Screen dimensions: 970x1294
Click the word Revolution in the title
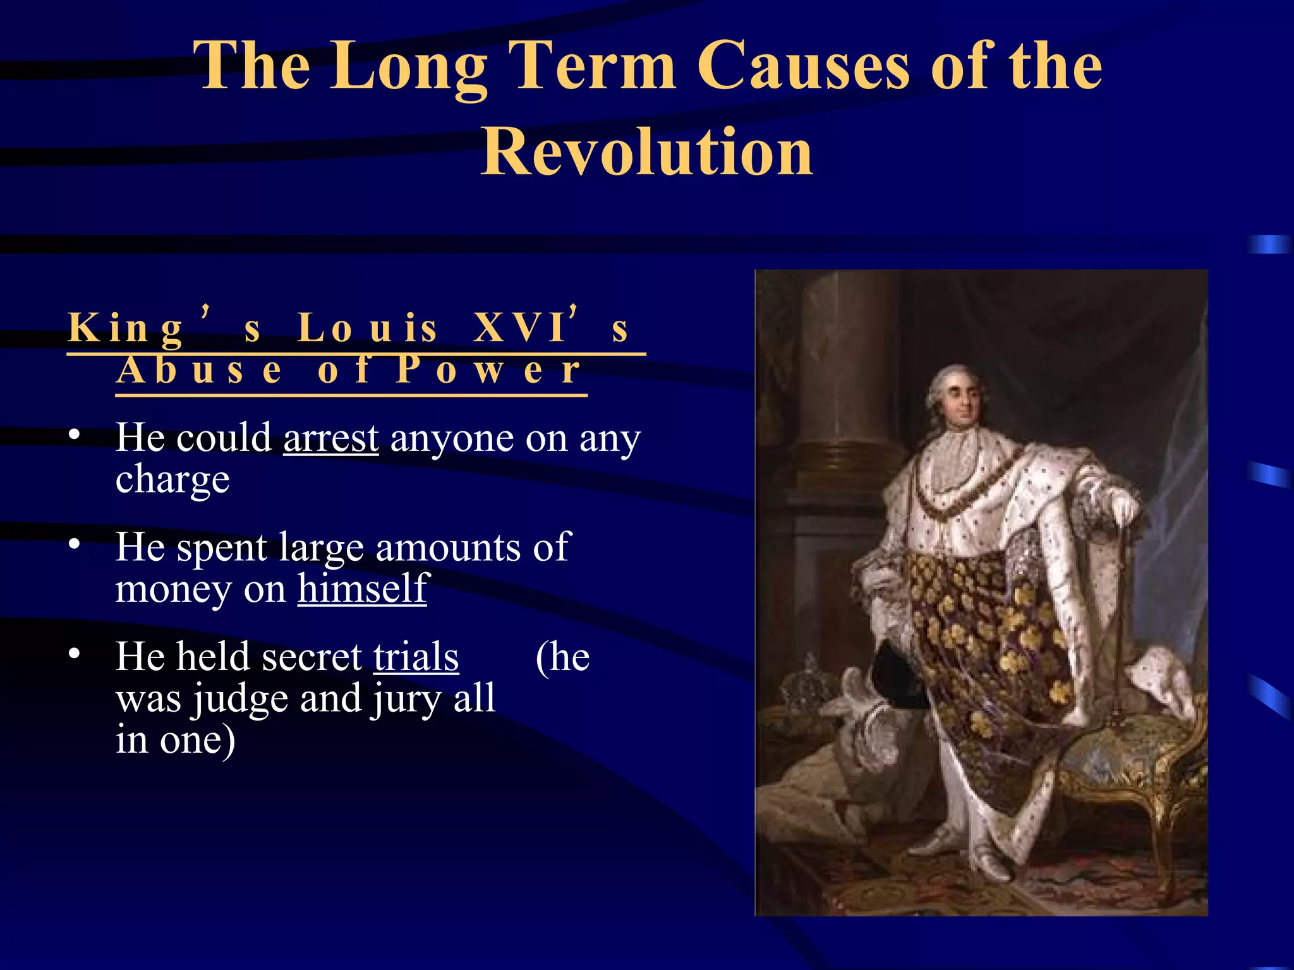pyautogui.click(x=647, y=152)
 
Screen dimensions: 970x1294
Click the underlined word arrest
pyautogui.click(x=330, y=438)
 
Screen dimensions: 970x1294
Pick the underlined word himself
pyautogui.click(x=363, y=589)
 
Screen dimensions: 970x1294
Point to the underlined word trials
pyautogui.click(x=416, y=657)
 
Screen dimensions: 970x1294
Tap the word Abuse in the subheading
pyautogui.click(x=200, y=370)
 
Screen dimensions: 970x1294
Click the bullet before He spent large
pyautogui.click(x=75, y=544)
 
